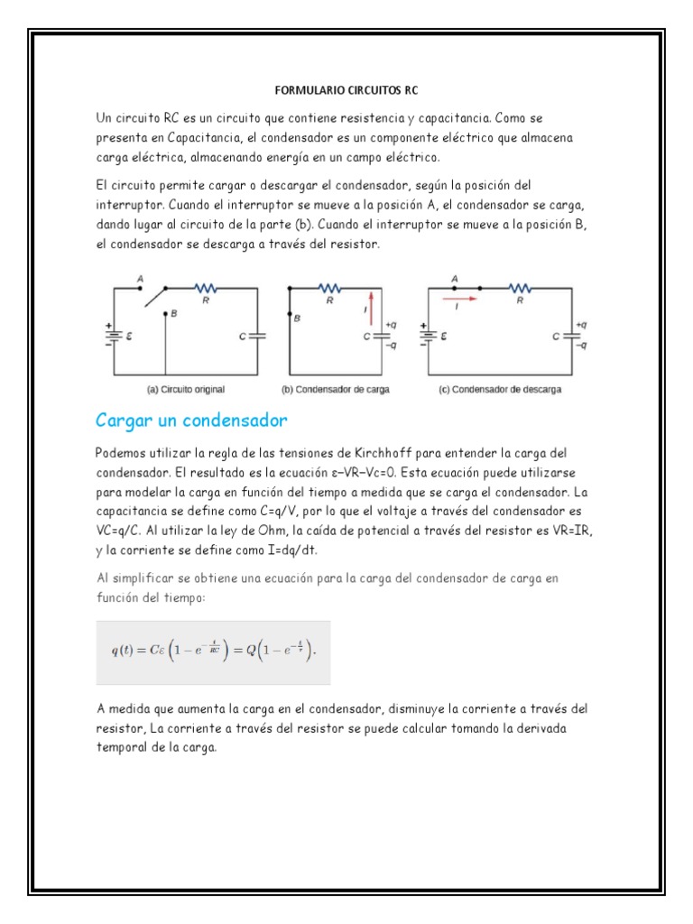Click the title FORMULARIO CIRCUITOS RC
point(346,91)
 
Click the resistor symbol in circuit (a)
point(205,288)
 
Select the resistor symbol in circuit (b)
point(329,288)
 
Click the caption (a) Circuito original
point(185,390)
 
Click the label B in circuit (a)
point(174,314)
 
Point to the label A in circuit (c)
point(455,279)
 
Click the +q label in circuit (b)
point(390,324)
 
